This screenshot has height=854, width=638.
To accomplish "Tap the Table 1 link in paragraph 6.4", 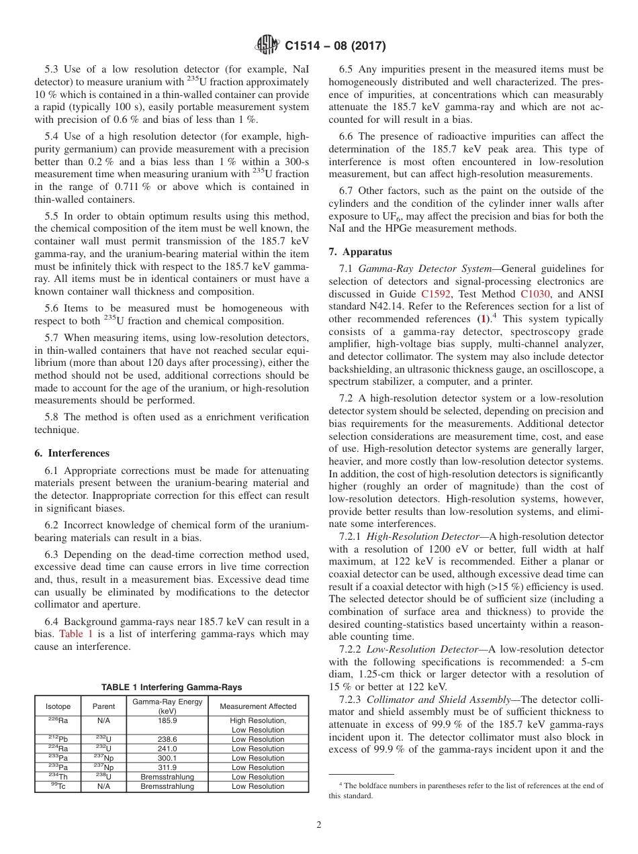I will [71, 634].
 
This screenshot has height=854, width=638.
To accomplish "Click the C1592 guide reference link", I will [436, 294].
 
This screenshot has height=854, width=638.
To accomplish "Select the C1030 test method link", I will [536, 294].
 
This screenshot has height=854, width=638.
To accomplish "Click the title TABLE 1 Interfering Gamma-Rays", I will [171, 687].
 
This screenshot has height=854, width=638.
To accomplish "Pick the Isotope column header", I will [58, 706].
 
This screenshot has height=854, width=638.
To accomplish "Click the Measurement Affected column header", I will [258, 706].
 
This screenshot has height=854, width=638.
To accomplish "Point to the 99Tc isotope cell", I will [58, 786].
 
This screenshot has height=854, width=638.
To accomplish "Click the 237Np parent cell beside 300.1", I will [103, 758].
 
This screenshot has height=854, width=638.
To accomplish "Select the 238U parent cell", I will [103, 777].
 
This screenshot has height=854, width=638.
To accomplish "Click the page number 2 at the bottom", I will [319, 825].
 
